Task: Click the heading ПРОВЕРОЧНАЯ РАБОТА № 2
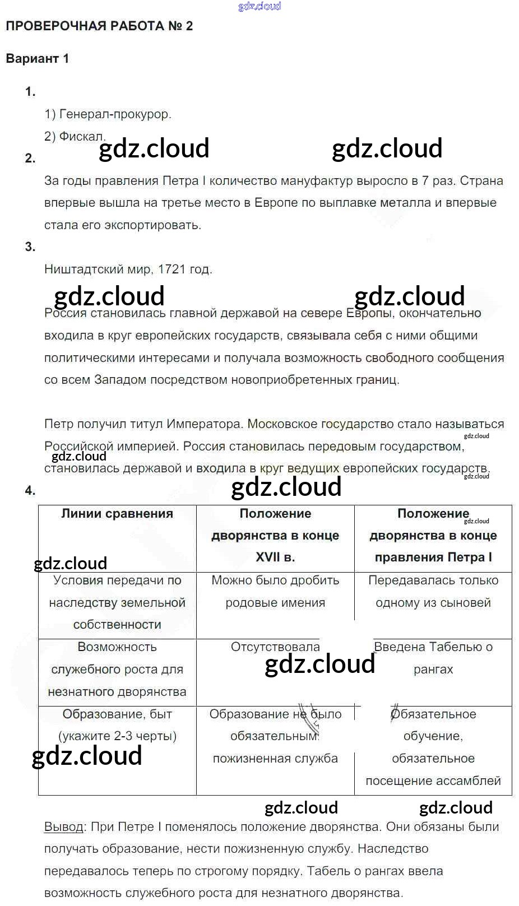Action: pyautogui.click(x=99, y=26)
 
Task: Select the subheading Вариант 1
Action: pyautogui.click(x=37, y=58)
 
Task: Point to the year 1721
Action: pyautogui.click(x=172, y=269)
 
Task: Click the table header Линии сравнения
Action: pyautogui.click(x=117, y=513)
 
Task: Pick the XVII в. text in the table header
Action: pyautogui.click(x=275, y=557)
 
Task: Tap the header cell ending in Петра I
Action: pyautogui.click(x=433, y=536)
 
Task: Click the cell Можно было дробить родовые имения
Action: pyautogui.click(x=275, y=592)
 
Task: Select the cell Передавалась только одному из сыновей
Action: pyautogui.click(x=433, y=592)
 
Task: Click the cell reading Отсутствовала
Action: pyautogui.click(x=275, y=647)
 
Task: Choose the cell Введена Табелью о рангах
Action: pyautogui.click(x=433, y=658)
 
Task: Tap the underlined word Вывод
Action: pyautogui.click(x=63, y=826)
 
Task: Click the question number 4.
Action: pyautogui.click(x=30, y=491)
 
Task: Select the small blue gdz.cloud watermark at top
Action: pyautogui.click(x=259, y=7)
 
